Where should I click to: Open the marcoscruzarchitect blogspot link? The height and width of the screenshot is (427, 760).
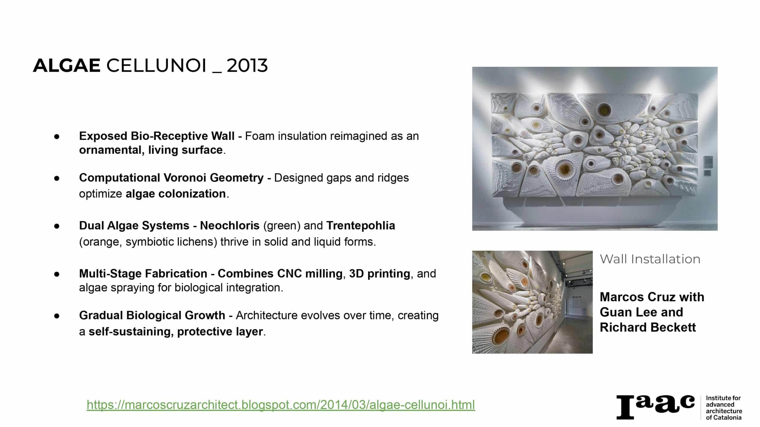click(281, 405)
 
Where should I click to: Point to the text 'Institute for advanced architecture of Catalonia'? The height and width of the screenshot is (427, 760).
click(724, 407)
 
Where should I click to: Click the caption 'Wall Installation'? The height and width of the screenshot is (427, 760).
click(650, 259)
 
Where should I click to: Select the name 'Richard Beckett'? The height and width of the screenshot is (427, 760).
click(648, 327)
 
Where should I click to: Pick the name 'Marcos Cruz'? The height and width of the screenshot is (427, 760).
click(636, 297)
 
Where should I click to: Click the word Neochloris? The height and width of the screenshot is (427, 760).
click(230, 226)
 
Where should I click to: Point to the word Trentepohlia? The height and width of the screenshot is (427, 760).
click(361, 226)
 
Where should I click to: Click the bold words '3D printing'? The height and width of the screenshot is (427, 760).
click(380, 274)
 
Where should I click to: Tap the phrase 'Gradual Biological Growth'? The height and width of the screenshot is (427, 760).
click(152, 316)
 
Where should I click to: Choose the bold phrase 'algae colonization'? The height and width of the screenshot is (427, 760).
click(176, 194)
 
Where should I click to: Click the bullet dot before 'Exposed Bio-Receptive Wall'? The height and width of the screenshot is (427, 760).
click(57, 137)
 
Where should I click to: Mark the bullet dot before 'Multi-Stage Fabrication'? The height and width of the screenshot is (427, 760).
click(57, 274)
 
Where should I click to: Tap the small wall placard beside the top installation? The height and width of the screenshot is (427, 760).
click(708, 162)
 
